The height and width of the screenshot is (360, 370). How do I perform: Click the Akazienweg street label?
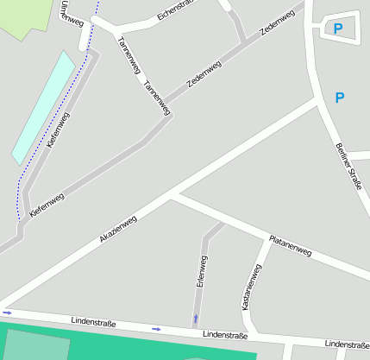coord(118,229)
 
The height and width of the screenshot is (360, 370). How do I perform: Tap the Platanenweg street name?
coord(290,245)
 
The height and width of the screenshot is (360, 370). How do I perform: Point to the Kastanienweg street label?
coord(252,287)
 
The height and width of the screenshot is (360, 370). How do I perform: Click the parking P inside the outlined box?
coord(338,30)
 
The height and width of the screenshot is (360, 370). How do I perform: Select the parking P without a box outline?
coord(339,98)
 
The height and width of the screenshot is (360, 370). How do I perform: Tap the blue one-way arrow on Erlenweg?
coord(196,319)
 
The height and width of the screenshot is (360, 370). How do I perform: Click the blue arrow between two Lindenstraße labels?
coord(156,329)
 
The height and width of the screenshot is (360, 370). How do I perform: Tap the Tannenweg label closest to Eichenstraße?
coord(128,55)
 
